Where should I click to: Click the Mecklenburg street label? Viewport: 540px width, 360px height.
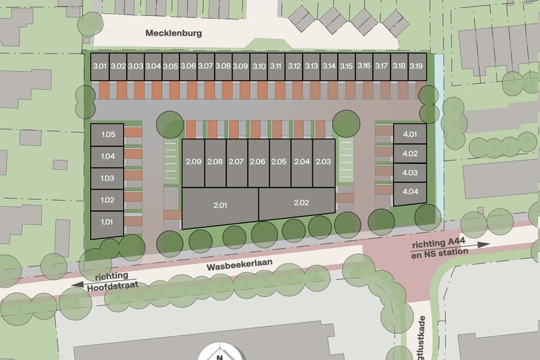pos(173,33)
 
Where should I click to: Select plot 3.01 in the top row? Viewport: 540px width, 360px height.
pos(100,66)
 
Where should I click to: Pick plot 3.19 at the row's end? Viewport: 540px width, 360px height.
pos(416,66)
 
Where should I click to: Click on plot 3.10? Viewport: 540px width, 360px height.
pos(259,66)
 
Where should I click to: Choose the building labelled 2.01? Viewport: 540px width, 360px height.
pos(220,206)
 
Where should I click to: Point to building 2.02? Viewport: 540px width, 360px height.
pos(301,203)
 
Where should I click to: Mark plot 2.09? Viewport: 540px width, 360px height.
pos(193,162)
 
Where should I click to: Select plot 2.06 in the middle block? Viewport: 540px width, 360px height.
pos(258,162)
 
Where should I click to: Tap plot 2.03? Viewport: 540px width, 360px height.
pos(323,162)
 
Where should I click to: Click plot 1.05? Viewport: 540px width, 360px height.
pos(107,135)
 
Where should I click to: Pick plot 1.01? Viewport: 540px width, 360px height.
pos(107,222)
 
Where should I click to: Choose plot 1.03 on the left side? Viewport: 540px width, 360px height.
pos(107,179)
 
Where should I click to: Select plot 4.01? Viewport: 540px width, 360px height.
pos(410,134)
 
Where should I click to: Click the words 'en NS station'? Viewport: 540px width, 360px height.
pos(440,252)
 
